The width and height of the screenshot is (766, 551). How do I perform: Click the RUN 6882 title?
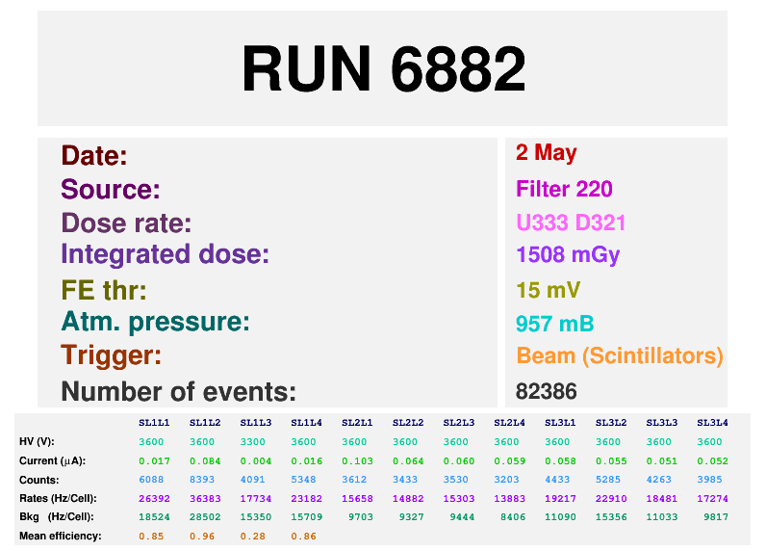384,68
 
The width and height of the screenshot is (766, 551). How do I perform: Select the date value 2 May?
547,153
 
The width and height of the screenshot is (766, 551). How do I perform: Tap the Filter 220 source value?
564,189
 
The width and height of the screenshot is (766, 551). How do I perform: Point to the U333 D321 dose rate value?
571,223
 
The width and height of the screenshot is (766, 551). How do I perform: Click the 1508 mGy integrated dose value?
568,254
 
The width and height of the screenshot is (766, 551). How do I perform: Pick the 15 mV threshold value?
549,290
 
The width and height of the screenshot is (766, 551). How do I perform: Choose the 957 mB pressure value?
555,324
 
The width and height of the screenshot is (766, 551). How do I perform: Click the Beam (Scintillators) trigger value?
620,355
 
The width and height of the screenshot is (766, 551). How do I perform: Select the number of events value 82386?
547,391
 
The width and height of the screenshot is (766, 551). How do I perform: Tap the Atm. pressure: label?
155,322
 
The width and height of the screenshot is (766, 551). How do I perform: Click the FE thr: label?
104,290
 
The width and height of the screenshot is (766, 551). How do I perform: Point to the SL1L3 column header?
256,423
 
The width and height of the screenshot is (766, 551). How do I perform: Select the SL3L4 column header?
712,423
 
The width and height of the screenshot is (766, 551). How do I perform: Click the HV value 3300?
252,442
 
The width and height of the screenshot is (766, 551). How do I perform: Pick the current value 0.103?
357,461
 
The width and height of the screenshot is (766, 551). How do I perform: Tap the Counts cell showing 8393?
202,480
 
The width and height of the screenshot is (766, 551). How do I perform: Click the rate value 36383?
205,499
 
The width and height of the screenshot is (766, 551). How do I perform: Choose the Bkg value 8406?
513,516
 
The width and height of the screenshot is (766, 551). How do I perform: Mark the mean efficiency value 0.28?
252,537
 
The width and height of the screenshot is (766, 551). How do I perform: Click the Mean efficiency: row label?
60,536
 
